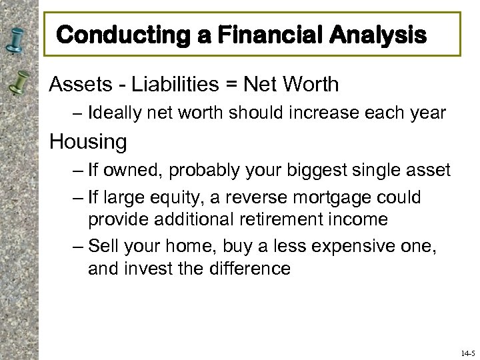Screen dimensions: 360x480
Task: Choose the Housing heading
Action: pyautogui.click(x=88, y=141)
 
